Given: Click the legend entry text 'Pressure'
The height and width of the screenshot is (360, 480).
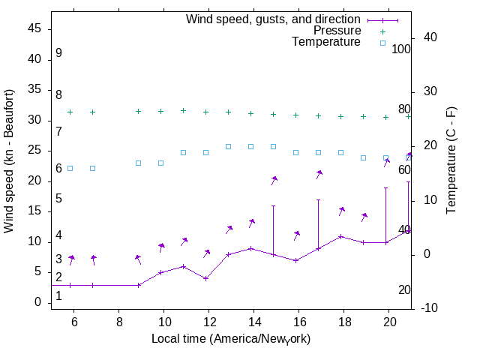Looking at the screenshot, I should [x=337, y=31].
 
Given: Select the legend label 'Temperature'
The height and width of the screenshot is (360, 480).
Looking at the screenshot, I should [x=326, y=43].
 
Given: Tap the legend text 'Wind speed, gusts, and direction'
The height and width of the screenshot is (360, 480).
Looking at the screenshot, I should [x=274, y=19].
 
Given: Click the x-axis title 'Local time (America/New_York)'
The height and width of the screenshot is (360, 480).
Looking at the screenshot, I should [x=231, y=339].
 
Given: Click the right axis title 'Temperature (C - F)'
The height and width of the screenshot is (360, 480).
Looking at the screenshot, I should [x=452, y=160].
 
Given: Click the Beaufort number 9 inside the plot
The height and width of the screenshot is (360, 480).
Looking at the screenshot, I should [x=58, y=54].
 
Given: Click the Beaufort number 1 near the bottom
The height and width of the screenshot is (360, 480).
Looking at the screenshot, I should [x=58, y=297].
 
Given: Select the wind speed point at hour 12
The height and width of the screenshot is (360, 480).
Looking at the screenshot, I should [x=205, y=278].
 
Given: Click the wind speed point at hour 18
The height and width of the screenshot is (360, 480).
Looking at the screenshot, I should [x=340, y=236].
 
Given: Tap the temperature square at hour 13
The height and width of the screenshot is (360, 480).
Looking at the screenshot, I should [x=228, y=146].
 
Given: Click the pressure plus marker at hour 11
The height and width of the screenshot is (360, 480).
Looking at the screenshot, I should [x=183, y=110].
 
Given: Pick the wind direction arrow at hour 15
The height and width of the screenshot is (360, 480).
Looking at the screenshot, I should [x=274, y=180].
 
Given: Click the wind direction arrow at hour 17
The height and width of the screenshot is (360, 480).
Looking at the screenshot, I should [x=319, y=174].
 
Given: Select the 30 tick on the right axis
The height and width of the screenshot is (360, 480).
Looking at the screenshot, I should [x=430, y=91].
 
